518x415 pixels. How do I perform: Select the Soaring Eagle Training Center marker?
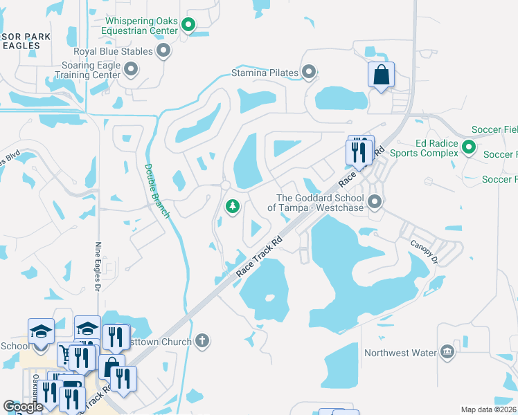tap(131, 68)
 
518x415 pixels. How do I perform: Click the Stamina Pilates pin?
tap(309, 72)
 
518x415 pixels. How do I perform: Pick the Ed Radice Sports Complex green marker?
tap(469, 147)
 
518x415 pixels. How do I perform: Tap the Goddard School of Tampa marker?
tap(375, 202)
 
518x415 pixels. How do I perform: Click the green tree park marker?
tap(233, 205)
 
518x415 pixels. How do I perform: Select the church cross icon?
tap(202, 340)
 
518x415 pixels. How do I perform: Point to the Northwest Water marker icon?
tap(447, 353)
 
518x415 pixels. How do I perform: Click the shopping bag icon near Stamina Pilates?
tap(382, 75)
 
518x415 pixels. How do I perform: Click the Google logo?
tap(23, 407)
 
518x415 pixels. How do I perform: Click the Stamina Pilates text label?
tap(265, 73)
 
